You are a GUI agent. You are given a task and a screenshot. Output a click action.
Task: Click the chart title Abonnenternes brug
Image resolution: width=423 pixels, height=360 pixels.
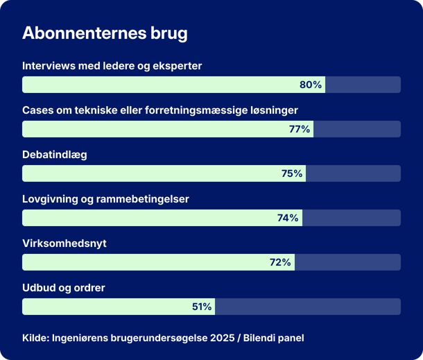105,33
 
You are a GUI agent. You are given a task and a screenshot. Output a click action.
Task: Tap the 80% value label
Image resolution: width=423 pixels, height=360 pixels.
310,85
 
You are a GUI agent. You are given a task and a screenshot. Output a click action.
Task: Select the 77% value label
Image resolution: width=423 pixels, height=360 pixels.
299,129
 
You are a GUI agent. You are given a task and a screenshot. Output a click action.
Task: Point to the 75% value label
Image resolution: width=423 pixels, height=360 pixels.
291,173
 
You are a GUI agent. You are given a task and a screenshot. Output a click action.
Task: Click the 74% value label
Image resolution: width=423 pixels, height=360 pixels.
287,218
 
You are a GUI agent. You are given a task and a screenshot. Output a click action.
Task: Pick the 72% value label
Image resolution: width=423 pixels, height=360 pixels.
279,262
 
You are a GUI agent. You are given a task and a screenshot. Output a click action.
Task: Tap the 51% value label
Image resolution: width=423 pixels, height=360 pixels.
202,307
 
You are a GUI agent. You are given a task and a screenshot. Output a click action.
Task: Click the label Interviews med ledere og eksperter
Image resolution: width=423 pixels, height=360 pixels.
112,66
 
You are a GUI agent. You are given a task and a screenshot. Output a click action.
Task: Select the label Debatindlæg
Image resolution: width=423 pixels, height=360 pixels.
54,155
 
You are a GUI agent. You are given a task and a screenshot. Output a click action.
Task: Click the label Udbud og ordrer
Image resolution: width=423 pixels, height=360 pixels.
63,287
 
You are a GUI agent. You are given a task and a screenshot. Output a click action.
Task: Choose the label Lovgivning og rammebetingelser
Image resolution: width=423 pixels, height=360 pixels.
105,199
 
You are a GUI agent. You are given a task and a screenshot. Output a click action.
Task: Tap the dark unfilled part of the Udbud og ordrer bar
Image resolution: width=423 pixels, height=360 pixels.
307,307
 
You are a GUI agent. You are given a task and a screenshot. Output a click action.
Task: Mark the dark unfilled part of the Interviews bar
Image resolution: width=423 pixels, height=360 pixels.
363,85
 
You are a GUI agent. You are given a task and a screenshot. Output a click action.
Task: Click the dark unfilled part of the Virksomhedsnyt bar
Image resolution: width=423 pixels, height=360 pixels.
347,262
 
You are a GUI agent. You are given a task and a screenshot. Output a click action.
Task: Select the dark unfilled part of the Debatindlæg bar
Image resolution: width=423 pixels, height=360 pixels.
353,173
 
